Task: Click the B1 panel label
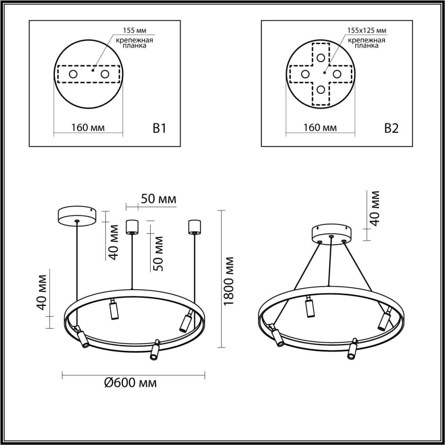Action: click(160, 128)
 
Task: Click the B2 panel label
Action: click(391, 128)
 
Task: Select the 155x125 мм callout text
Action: click(366, 31)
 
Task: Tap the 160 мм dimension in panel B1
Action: click(88, 128)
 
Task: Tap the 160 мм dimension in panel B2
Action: click(320, 128)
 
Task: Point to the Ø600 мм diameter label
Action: click(130, 383)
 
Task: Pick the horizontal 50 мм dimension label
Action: click(158, 199)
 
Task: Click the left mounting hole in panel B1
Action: click(73, 74)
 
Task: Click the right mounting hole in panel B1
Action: click(105, 74)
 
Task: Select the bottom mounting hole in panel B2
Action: click(321, 90)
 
